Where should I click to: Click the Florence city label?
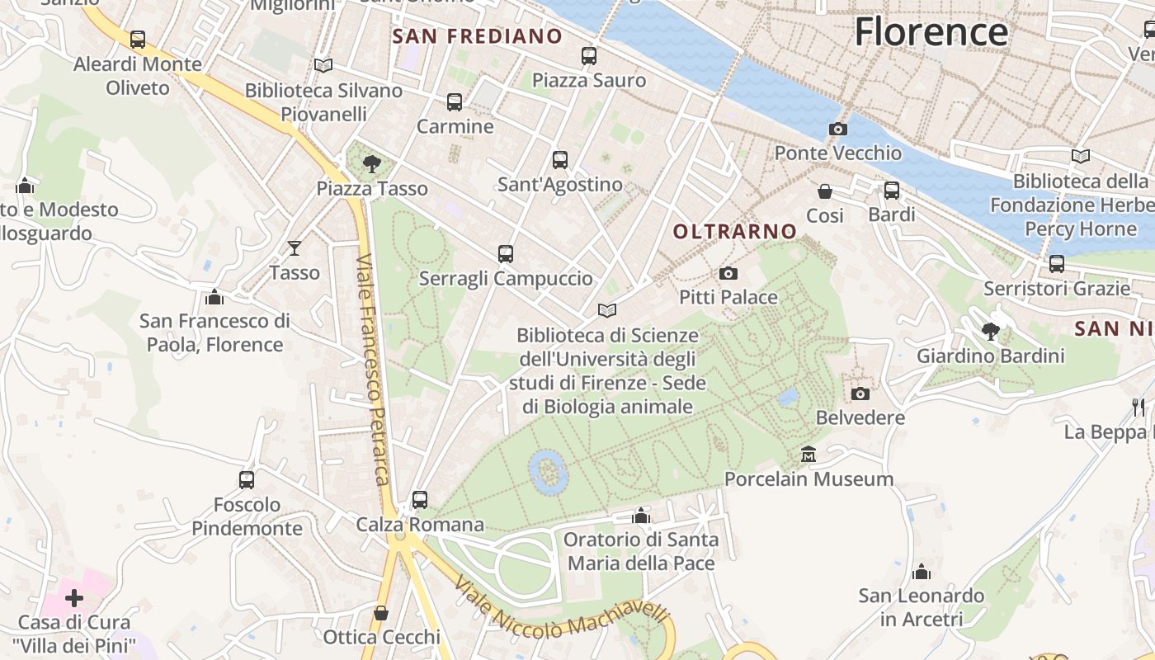(x=931, y=32)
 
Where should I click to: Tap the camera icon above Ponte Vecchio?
(x=837, y=130)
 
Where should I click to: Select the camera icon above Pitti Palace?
(x=728, y=273)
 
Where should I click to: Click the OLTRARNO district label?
(x=735, y=232)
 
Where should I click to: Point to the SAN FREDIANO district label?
(x=477, y=36)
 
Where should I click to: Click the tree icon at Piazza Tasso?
(x=371, y=163)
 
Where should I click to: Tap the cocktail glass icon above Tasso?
(x=295, y=247)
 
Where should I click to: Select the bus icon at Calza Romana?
(x=420, y=499)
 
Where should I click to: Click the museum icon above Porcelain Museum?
(x=808, y=455)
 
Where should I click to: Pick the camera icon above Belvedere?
(x=860, y=394)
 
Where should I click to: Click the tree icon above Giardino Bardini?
(x=990, y=332)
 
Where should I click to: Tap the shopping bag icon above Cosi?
(x=824, y=191)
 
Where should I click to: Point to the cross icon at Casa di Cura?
(x=74, y=597)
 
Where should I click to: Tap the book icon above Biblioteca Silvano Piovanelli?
(x=323, y=65)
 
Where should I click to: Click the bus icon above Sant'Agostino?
(x=560, y=160)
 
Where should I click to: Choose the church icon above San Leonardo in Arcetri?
(x=922, y=571)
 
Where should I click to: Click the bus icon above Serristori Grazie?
(x=1056, y=264)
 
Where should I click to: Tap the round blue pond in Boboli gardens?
(x=547, y=471)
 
